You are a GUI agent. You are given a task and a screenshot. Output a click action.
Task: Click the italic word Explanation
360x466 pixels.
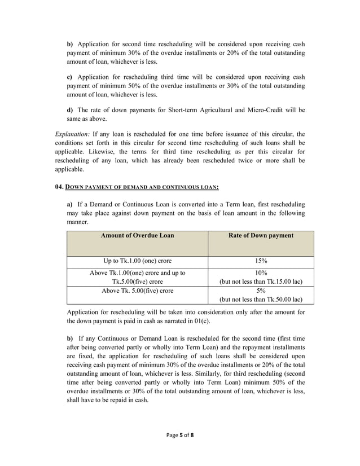pyautogui.click(x=73, y=134)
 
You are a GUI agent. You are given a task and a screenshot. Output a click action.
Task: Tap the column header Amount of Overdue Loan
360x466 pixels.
pyautogui.click(x=137, y=235)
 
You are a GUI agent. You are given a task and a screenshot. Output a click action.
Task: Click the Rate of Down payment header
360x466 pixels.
pyautogui.click(x=261, y=235)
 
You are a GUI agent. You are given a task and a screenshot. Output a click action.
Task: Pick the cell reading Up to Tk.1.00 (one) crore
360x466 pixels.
pyautogui.click(x=137, y=261)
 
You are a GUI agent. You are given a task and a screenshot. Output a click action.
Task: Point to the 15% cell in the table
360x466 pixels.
pyautogui.click(x=261, y=261)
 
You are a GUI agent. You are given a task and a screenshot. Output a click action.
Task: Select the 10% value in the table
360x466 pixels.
pyautogui.click(x=261, y=272)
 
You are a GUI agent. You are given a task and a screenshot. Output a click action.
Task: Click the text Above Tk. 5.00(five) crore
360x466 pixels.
pyautogui.click(x=137, y=291)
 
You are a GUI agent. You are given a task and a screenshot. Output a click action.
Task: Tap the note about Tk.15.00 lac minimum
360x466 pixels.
pyautogui.click(x=261, y=281)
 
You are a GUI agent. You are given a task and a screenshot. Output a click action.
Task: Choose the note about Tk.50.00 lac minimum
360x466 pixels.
pyautogui.click(x=261, y=300)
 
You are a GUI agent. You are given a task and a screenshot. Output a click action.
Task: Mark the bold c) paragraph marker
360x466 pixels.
pyautogui.click(x=70, y=76)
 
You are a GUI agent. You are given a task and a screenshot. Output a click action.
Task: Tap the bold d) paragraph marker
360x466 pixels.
pyautogui.click(x=70, y=109)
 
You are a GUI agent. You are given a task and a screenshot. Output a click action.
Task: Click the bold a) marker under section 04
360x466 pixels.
pyautogui.click(x=70, y=203)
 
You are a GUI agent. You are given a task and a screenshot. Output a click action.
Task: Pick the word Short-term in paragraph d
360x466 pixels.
pyautogui.click(x=177, y=109)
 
